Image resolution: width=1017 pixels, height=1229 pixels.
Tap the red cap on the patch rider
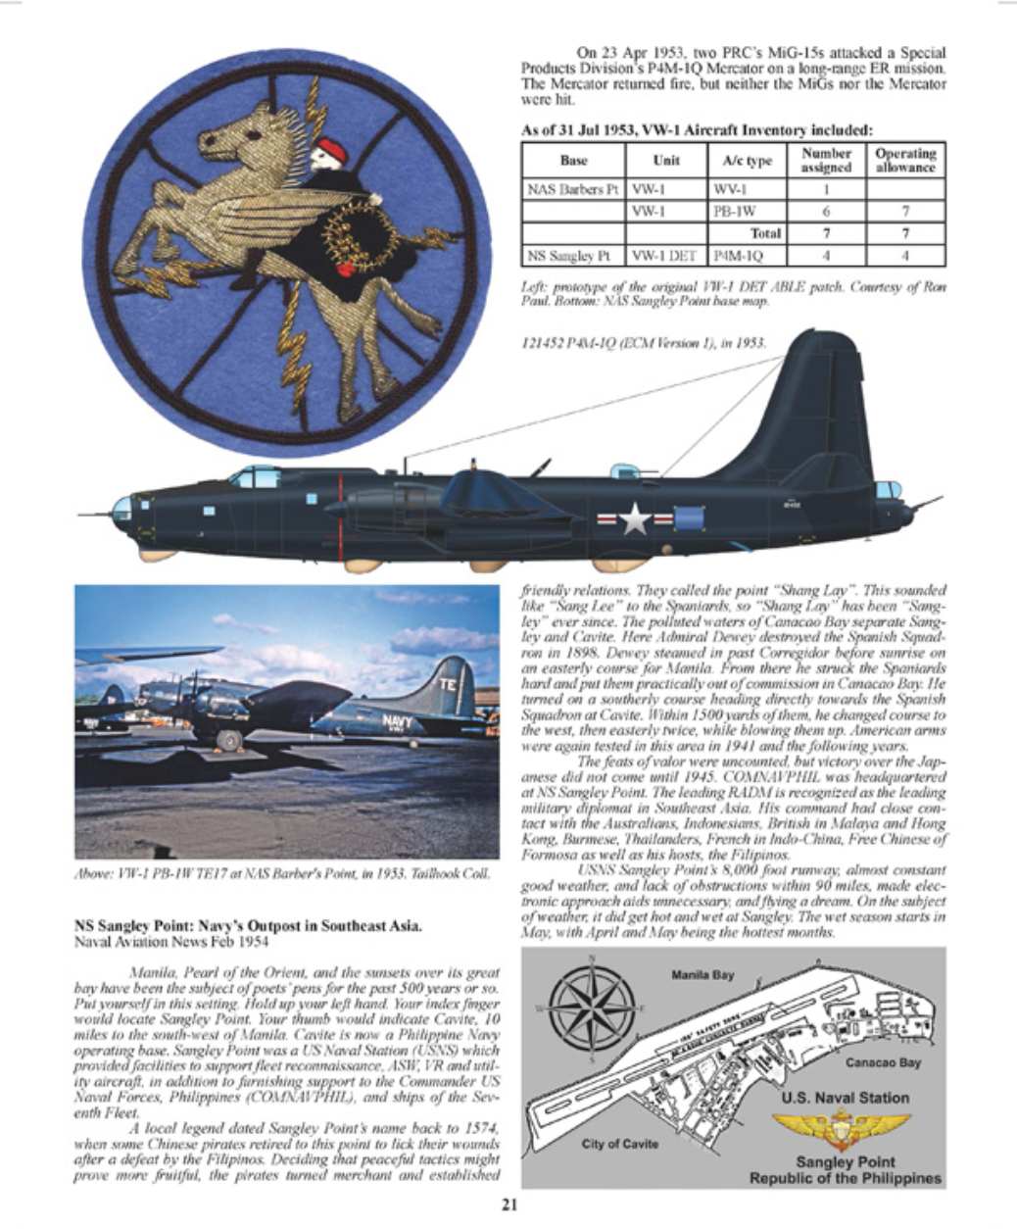pos(332,150)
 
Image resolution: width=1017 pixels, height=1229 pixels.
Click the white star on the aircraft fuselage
pos(635,518)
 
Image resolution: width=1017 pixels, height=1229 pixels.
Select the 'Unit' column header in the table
pos(666,161)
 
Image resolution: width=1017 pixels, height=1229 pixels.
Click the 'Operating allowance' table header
pos(905,161)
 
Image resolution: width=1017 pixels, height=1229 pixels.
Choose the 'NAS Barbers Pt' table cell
pos(573,189)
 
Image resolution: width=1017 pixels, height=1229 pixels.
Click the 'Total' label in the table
pos(764,233)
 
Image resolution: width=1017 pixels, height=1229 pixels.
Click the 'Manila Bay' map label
pos(703,976)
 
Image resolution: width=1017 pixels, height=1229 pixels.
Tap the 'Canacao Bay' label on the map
pos(882,1062)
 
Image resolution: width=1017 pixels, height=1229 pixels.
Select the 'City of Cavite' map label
pos(620,1144)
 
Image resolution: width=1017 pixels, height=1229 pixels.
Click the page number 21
pos(508,1206)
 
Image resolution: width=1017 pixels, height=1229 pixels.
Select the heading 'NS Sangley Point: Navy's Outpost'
pos(249,924)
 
